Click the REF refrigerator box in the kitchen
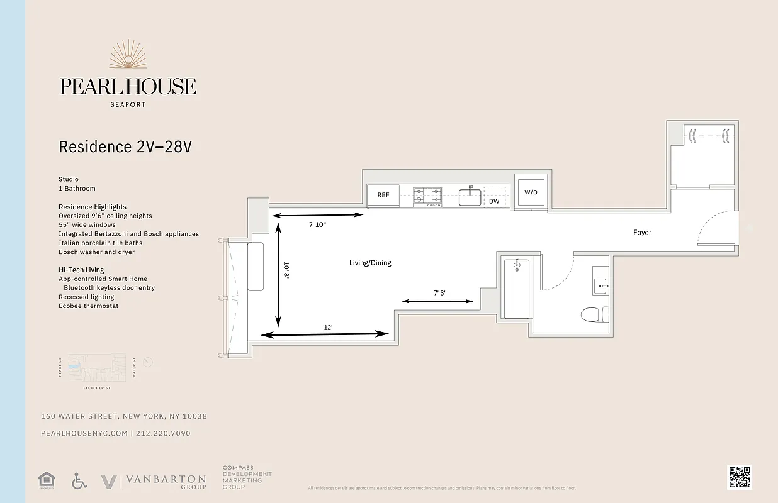[383, 196]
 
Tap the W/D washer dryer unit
[531, 192]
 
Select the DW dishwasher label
[494, 202]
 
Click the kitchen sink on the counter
[470, 197]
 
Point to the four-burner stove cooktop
[427, 196]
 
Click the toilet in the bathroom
[594, 313]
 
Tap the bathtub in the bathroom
[516, 289]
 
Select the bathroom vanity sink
[600, 286]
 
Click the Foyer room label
[642, 233]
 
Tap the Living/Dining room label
[370, 263]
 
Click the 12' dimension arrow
[325, 334]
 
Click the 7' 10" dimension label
[317, 224]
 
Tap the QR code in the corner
[739, 477]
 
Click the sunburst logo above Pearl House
[128, 55]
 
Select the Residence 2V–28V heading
[125, 147]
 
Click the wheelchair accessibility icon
[79, 481]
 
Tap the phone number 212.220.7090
[163, 433]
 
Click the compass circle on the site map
[148, 362]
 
